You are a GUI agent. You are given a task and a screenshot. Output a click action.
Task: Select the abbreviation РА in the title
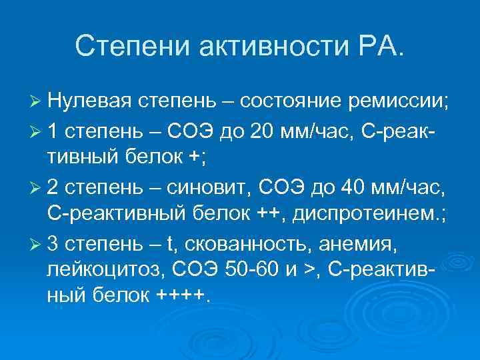[x=380, y=47]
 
